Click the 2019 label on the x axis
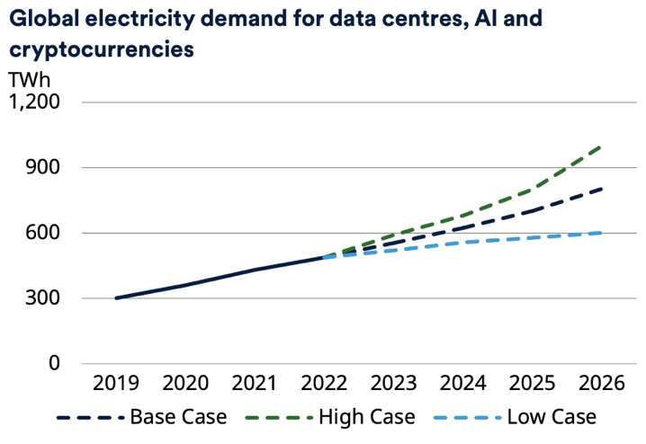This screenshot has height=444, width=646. (x=116, y=384)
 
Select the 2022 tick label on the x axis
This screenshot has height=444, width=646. (x=324, y=384)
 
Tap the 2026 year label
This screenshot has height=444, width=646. (x=601, y=384)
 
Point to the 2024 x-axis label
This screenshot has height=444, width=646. (x=462, y=384)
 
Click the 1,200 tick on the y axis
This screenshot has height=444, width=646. (x=34, y=102)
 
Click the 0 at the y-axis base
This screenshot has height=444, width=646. (x=54, y=364)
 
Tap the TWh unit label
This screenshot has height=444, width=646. (x=31, y=79)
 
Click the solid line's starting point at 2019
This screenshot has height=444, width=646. (x=116, y=297)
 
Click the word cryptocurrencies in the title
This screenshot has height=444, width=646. (x=102, y=49)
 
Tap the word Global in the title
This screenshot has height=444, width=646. (x=41, y=16)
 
